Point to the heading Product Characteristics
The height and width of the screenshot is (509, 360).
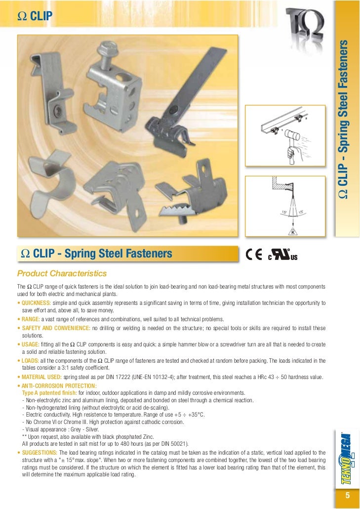[x=62, y=273]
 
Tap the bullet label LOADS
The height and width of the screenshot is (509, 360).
[x=30, y=360]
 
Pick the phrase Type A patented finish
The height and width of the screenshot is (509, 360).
[x=49, y=393]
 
